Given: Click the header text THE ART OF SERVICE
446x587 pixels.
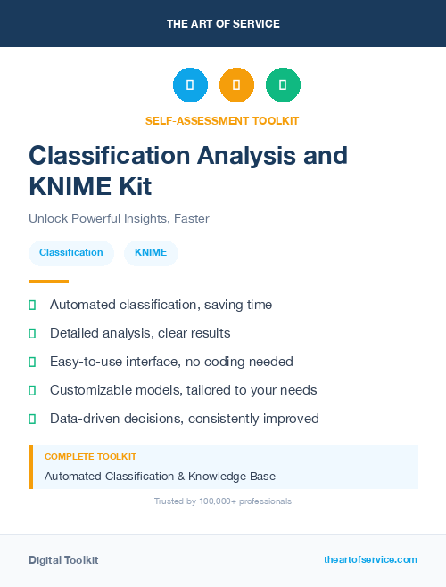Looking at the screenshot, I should pos(223,24).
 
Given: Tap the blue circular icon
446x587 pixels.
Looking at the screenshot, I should pos(190,86).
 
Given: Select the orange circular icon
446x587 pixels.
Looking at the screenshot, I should pos(236,86).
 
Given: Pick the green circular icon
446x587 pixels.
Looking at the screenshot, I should pos(283,86).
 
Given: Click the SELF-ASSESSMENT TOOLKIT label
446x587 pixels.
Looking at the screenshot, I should pos(223,120).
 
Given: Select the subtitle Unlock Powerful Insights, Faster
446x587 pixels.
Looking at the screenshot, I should pos(119,218).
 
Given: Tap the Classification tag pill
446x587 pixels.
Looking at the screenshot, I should pos(71,252).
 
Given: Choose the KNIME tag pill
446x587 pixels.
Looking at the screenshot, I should pos(151,252).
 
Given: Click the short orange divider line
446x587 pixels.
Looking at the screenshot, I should pos(48,281).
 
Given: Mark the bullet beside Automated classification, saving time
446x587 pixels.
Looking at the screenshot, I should pos(32,306).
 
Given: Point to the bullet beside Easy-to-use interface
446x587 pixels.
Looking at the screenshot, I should pos(32,362).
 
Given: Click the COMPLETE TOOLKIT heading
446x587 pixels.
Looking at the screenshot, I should pos(90,456).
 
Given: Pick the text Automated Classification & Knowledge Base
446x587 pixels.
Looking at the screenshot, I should pos(160,477).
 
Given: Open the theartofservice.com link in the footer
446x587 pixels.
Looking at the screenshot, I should pos(370,559).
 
